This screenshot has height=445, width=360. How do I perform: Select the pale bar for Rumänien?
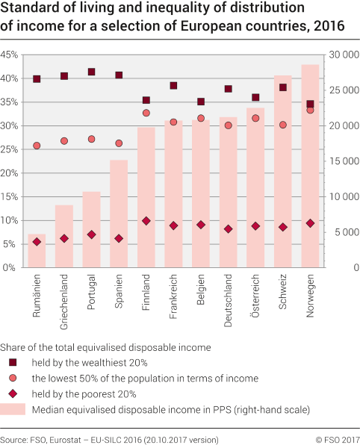coord(37,251)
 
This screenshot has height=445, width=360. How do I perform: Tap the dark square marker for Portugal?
coord(91,72)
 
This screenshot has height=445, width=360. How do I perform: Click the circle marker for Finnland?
coord(146,113)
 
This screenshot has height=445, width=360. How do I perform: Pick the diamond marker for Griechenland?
coord(64,239)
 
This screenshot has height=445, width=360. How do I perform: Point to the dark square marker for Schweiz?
coord(283,87)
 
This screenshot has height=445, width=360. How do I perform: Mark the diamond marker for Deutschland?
coord(228,229)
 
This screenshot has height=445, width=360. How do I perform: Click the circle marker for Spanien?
coord(119,143)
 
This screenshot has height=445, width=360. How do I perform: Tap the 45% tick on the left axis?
coord(9,55)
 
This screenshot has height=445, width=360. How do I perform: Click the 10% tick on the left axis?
coord(9,220)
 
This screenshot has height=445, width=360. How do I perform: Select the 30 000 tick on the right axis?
coord(342,55)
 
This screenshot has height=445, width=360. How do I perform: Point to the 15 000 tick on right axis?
coord(342,161)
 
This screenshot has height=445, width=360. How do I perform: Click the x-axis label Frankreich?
coord(173,296)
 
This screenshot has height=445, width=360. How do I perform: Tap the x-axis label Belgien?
coord(201,291)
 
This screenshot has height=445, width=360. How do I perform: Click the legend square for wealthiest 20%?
coord(13,362)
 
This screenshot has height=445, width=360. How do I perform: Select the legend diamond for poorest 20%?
coord(13,393)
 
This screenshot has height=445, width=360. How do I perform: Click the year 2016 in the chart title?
coord(326,25)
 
